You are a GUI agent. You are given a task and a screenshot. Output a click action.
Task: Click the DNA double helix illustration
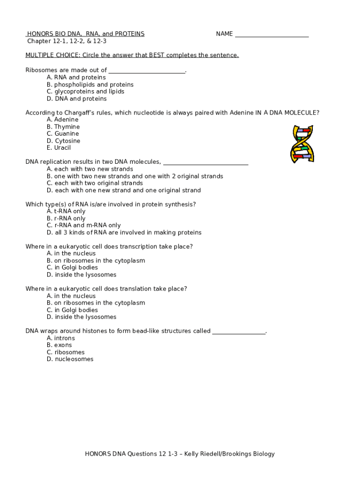click(302, 144)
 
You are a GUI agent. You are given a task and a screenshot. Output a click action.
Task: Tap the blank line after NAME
click(272, 35)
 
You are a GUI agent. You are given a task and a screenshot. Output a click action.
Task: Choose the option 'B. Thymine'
click(63, 127)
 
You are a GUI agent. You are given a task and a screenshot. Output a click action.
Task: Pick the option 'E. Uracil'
click(59, 148)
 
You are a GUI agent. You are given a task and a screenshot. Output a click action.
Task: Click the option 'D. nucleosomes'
click(70, 359)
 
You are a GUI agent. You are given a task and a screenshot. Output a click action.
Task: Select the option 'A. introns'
click(61, 338)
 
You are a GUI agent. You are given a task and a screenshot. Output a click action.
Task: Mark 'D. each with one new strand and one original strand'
click(124, 190)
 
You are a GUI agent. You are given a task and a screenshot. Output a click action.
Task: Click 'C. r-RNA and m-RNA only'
click(84, 225)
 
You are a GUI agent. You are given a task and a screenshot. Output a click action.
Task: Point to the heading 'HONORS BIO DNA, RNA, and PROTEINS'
click(86, 34)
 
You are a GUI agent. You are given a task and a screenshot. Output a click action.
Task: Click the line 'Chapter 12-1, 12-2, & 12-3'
click(67, 41)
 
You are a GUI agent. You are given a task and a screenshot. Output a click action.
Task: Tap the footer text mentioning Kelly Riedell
click(180, 454)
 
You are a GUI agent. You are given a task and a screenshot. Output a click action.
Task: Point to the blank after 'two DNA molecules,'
click(205, 163)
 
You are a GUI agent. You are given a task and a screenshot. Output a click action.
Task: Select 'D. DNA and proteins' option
click(77, 99)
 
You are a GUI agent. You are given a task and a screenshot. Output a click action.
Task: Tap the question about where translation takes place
click(106, 289)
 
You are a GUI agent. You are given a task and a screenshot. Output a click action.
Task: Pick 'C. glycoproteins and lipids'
click(86, 92)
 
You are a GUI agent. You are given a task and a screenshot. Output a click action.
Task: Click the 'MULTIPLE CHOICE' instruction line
click(132, 55)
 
